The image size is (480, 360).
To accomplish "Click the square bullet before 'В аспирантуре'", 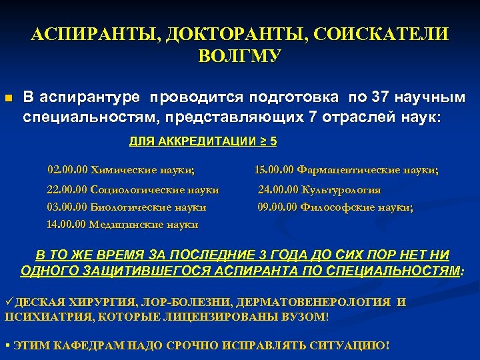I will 8,99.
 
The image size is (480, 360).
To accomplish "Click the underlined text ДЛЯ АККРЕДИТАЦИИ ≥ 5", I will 203,141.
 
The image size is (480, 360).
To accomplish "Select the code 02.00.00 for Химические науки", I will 67,170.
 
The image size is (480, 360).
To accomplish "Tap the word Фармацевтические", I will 341,171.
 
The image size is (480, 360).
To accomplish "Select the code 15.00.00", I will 274,171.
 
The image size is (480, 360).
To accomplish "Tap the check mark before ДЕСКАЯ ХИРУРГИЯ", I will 9,302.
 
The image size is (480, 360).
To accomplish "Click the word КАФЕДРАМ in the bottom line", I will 79,346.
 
